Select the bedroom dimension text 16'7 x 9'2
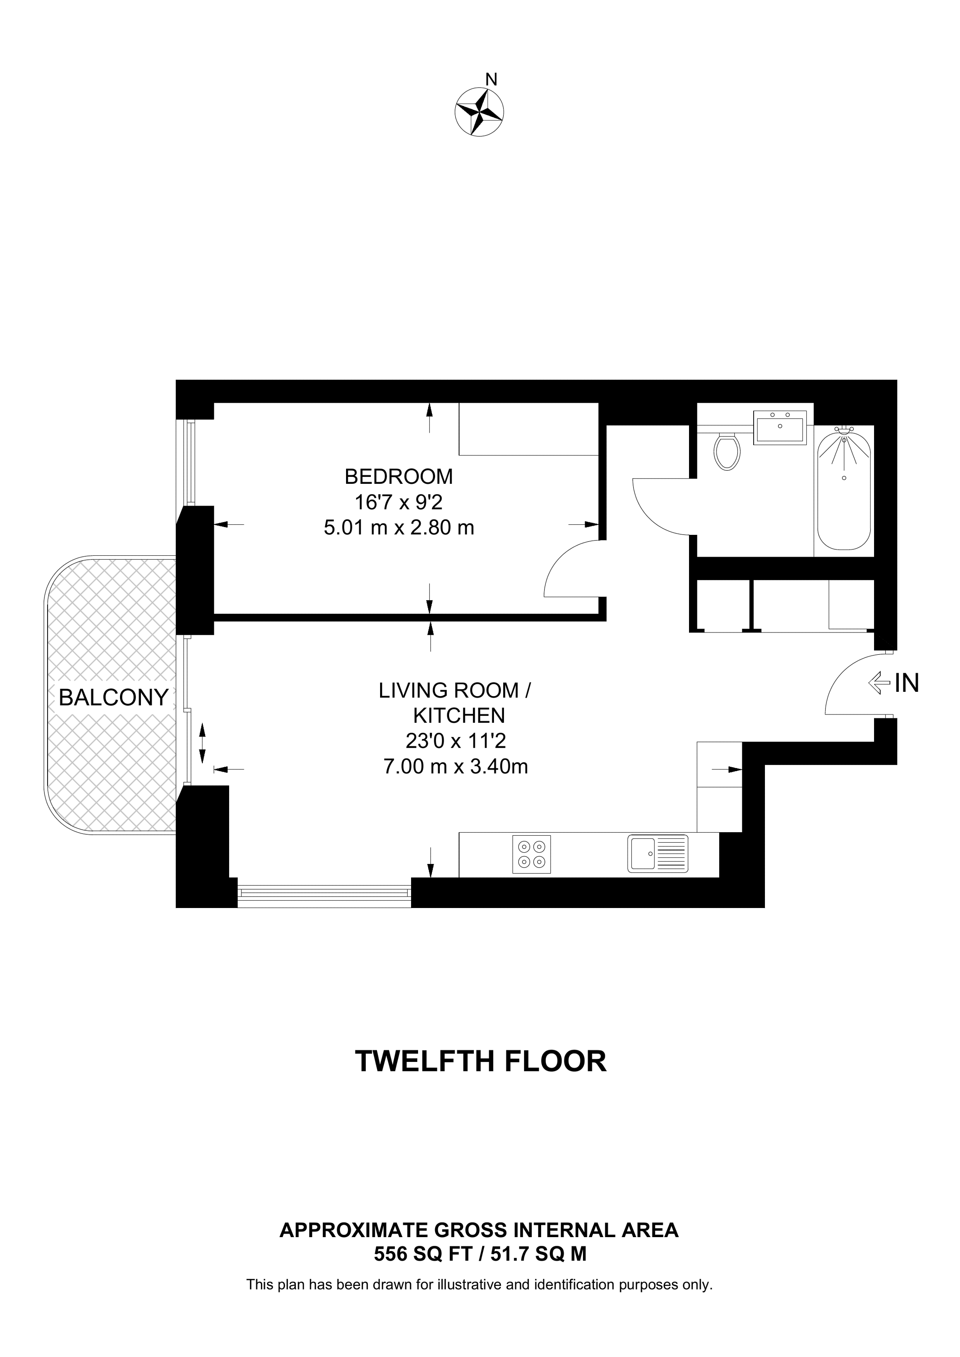click(x=399, y=502)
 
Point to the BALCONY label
click(x=113, y=697)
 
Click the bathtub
click(x=843, y=490)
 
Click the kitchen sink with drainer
click(x=658, y=854)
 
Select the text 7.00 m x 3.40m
click(x=456, y=767)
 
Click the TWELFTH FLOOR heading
click(x=480, y=1061)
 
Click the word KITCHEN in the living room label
click(x=459, y=716)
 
